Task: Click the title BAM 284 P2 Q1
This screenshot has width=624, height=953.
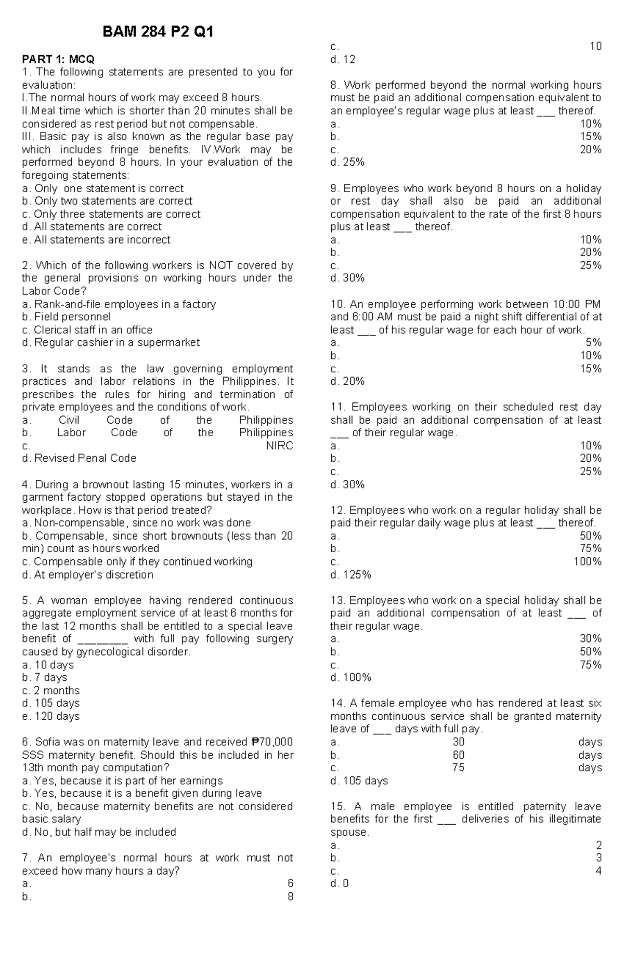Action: (x=158, y=33)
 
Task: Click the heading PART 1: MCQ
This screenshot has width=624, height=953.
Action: (x=58, y=59)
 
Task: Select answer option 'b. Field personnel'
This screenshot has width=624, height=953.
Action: (x=67, y=317)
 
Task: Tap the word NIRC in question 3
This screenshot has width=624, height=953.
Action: (x=279, y=446)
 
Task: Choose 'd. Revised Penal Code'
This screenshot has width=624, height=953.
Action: (x=79, y=459)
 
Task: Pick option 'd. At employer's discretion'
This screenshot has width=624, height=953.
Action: (x=87, y=575)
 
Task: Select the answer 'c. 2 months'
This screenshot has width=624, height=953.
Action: (x=51, y=691)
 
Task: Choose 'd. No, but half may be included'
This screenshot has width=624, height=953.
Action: (x=99, y=832)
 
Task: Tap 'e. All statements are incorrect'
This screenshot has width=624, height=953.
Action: (x=96, y=240)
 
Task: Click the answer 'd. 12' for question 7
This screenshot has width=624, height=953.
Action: (x=343, y=60)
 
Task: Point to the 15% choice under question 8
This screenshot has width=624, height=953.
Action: (x=591, y=137)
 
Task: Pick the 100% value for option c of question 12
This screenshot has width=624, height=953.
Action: (x=588, y=561)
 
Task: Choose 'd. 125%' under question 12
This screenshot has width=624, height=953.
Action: (x=350, y=575)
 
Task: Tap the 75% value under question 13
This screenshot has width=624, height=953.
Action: (x=591, y=665)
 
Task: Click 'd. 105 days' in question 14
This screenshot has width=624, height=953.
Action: (x=359, y=781)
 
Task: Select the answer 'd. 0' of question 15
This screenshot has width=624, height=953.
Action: (x=340, y=883)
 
